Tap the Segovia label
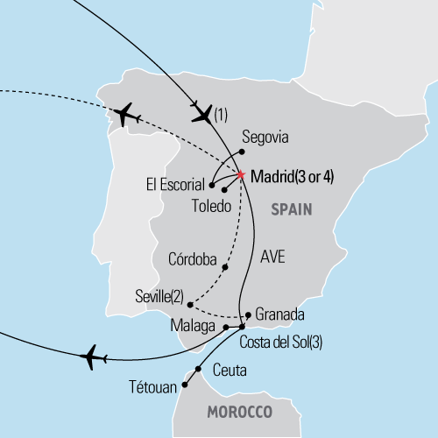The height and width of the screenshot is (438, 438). (x=265, y=138)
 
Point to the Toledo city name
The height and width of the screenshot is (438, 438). (x=210, y=207)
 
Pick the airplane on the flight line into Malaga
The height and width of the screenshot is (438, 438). (x=93, y=357)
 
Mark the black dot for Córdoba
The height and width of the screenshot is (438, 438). (x=226, y=267)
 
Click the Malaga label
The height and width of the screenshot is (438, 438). (x=194, y=328)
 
